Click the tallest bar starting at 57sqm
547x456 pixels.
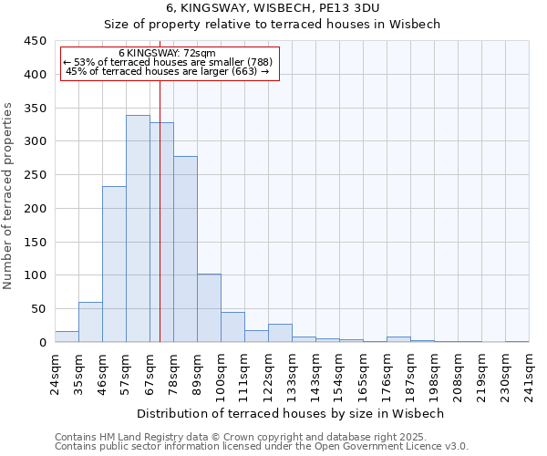pyautogui.click(x=138, y=229)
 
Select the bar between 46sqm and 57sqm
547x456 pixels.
pyautogui.click(x=114, y=264)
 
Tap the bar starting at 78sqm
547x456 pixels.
pyautogui.click(x=185, y=249)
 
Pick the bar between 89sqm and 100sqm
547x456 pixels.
pyautogui.click(x=209, y=308)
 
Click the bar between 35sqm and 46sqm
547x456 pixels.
pyautogui.click(x=90, y=322)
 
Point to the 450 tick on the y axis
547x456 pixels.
pyautogui.click(x=36, y=41)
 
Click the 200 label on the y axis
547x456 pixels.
pyautogui.click(x=36, y=209)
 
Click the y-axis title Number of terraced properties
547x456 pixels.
pyautogui.click(x=8, y=196)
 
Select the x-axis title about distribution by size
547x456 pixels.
pyautogui.click(x=292, y=413)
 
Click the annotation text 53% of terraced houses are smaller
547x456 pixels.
pyautogui.click(x=168, y=62)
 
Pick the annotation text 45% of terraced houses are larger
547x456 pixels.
pyautogui.click(x=168, y=71)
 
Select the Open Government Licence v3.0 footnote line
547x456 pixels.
pyautogui.click(x=262, y=446)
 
